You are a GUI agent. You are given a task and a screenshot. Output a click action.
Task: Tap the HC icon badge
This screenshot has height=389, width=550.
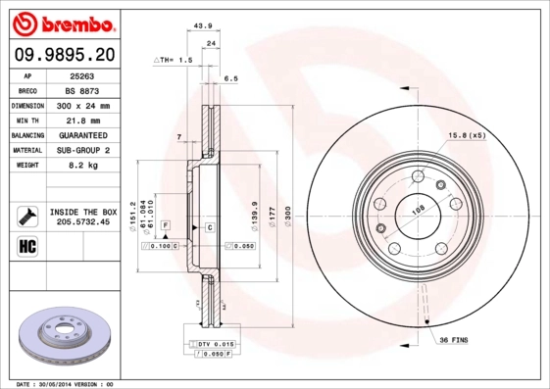click(27, 245)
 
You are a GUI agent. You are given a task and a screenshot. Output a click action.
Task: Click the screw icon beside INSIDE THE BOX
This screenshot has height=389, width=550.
click(27, 215)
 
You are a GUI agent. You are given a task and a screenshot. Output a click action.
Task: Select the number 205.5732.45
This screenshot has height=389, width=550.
click(83, 221)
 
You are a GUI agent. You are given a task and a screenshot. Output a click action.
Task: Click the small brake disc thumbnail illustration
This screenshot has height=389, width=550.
click(67, 332)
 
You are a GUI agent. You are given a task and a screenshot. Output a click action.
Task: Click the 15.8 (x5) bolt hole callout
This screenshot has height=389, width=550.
click(467, 134)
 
